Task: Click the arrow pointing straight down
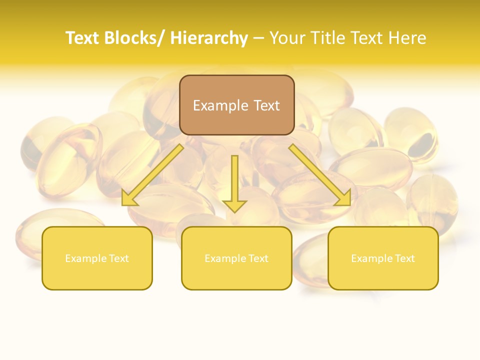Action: click(x=235, y=182)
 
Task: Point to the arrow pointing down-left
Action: click(x=152, y=175)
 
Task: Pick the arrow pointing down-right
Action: click(x=320, y=175)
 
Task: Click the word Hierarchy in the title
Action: click(x=209, y=38)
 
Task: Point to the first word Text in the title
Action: click(x=83, y=38)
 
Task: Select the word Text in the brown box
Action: click(x=266, y=105)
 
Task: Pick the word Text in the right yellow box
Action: click(x=404, y=258)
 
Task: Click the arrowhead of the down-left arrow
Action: click(x=128, y=199)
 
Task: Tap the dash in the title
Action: click(x=258, y=38)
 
